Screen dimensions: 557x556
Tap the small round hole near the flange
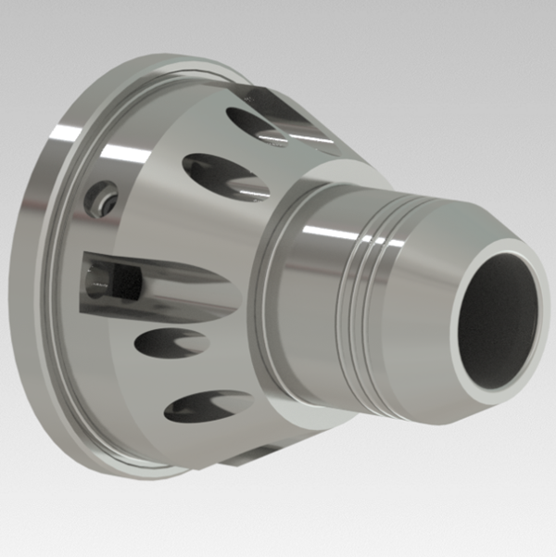(x=101, y=196)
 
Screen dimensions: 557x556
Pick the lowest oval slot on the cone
(x=208, y=405)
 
